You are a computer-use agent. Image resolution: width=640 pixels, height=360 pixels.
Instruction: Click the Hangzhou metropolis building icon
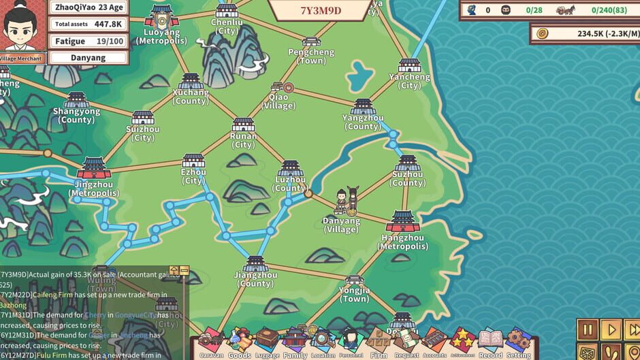click(403, 221)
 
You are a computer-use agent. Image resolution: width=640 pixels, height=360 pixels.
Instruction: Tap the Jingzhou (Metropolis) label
click(93, 189)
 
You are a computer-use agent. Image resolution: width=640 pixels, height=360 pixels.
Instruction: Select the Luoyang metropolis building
click(161, 16)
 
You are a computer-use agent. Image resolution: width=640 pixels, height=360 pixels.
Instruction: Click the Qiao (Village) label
click(278, 101)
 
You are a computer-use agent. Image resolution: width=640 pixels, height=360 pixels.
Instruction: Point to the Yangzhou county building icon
click(363, 107)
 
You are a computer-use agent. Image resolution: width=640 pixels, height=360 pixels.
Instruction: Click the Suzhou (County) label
click(407, 178)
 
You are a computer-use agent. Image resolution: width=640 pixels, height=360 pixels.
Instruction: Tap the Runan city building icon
click(243, 125)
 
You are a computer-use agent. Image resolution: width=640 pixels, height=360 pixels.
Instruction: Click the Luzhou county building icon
click(291, 168)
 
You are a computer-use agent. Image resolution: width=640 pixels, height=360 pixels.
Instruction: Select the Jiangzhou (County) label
click(255, 279)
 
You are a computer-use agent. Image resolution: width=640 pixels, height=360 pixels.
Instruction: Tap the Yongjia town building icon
click(354, 281)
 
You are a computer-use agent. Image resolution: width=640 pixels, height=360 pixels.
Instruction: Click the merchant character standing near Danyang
click(342, 201)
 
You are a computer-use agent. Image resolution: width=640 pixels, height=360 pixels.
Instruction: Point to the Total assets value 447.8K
click(108, 24)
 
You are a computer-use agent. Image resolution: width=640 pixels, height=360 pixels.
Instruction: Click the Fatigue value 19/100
click(109, 41)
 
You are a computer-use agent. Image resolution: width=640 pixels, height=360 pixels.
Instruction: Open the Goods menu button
click(239, 342)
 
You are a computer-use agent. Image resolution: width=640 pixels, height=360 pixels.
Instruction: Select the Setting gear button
click(518, 342)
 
